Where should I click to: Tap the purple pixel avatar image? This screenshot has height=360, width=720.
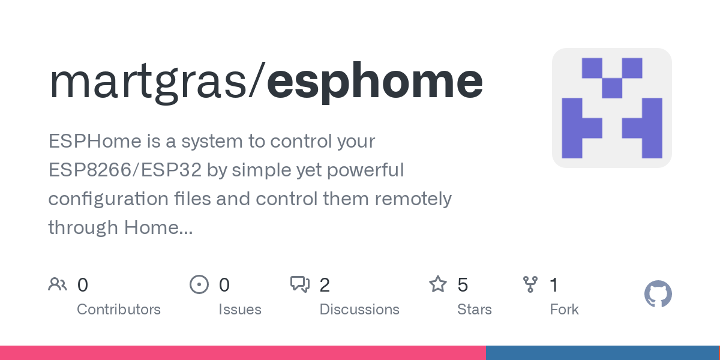pos(611,108)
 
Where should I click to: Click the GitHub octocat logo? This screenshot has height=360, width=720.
pos(658,294)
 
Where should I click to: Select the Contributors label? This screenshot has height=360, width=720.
pos(119,310)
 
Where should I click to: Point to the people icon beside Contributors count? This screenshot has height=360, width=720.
pos(58,284)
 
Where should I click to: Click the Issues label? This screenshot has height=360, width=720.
pos(239,310)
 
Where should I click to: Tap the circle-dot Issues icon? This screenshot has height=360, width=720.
pos(199,284)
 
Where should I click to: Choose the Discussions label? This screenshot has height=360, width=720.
pos(359,310)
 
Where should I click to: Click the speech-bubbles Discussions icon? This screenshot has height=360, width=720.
pos(300,284)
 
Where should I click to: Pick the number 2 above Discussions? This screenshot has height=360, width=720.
pos(325,285)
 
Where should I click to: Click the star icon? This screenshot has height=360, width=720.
pos(438,284)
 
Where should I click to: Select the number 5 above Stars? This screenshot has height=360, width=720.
pos(463,285)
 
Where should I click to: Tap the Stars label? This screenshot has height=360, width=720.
pos(474,310)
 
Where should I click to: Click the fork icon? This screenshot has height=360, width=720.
pos(530,284)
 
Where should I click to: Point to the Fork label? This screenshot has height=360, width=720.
pos(564,310)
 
